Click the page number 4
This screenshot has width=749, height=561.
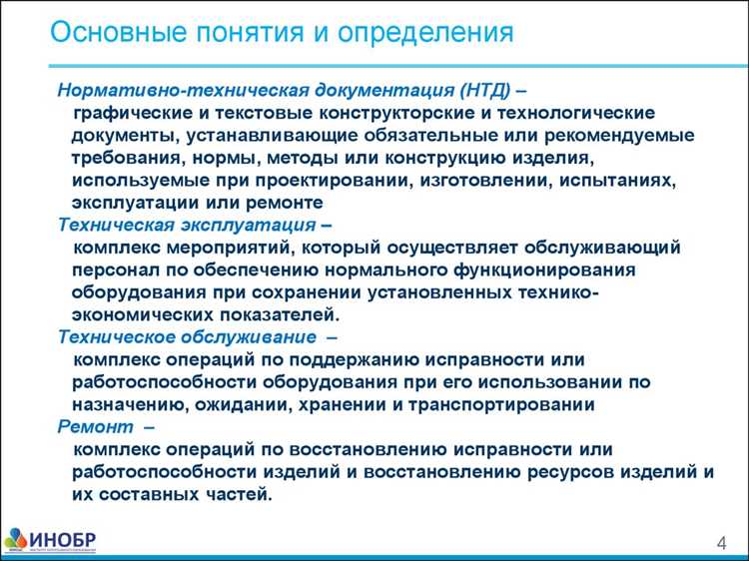click(x=719, y=542)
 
